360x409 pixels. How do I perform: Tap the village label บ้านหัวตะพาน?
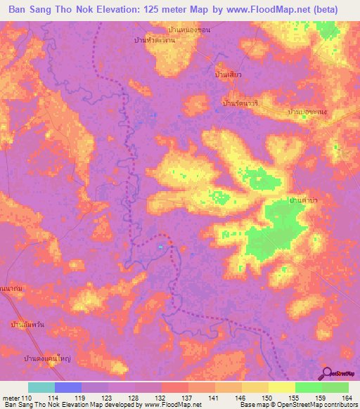click(158, 41)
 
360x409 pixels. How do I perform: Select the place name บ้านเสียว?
click(229, 74)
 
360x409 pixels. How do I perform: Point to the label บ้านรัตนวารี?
click(240, 103)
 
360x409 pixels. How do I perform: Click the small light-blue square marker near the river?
click(161, 247)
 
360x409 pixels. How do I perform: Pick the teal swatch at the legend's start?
click(41, 387)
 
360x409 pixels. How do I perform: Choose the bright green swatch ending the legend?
click(335, 387)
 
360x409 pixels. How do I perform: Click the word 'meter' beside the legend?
click(11, 397)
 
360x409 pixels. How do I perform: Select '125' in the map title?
click(154, 9)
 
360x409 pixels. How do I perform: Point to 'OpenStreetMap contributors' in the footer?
click(323, 405)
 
